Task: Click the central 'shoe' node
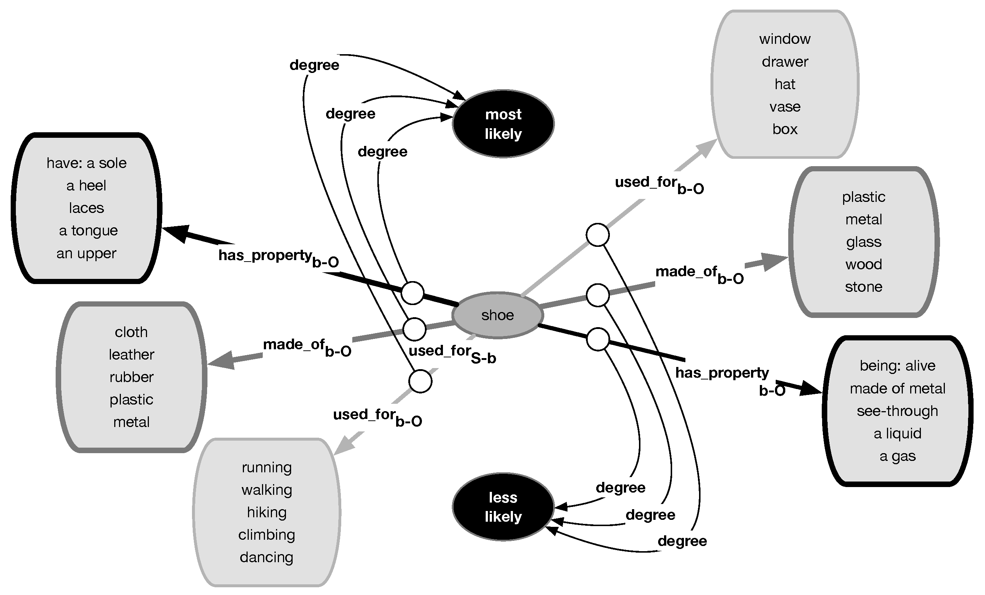[497, 315]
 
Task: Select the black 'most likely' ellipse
[503, 124]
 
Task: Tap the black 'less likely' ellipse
[503, 507]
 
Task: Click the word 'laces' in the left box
[86, 208]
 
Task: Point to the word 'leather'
[131, 354]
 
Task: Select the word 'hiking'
[267, 512]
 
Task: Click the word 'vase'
[785, 107]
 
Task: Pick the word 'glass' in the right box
[863, 242]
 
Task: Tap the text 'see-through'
[897, 411]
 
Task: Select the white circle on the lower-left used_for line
[420, 381]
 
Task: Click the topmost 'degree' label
[314, 65]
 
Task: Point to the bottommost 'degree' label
[682, 541]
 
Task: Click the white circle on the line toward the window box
[598, 235]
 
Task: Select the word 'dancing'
[267, 557]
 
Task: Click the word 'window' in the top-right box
[785, 39]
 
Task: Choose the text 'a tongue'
[88, 231]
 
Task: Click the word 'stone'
[863, 287]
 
